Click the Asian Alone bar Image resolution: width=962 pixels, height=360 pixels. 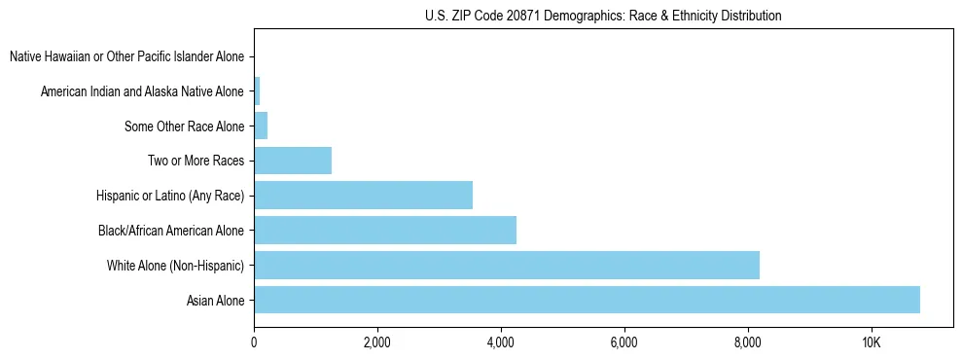tap(587, 300)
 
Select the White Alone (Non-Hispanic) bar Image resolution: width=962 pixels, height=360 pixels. tap(506, 265)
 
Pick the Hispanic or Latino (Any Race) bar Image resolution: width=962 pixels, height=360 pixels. tap(363, 196)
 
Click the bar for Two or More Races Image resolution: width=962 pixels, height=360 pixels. tap(292, 161)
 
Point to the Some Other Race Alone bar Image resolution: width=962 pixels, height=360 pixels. tap(261, 126)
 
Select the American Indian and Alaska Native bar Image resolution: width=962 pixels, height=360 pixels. tap(257, 91)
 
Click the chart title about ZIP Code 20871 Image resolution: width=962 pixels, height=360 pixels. tap(603, 16)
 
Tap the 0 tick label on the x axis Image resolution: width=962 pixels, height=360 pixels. tap(254, 342)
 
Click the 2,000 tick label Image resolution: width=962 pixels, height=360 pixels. tap(376, 342)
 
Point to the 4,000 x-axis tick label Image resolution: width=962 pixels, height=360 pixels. tap(500, 342)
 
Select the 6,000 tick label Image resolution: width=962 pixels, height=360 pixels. tap(624, 342)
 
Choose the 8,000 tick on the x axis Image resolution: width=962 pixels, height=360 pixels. tap(747, 342)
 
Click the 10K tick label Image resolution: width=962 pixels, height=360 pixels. tap(871, 342)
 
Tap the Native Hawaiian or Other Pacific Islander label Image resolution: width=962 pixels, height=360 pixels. tap(126, 56)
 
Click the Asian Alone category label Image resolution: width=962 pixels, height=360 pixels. tap(215, 301)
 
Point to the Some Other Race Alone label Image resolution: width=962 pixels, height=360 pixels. tap(184, 126)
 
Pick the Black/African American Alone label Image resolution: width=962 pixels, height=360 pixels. tap(171, 231)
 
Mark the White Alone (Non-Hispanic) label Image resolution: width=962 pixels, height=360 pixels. tap(175, 266)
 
